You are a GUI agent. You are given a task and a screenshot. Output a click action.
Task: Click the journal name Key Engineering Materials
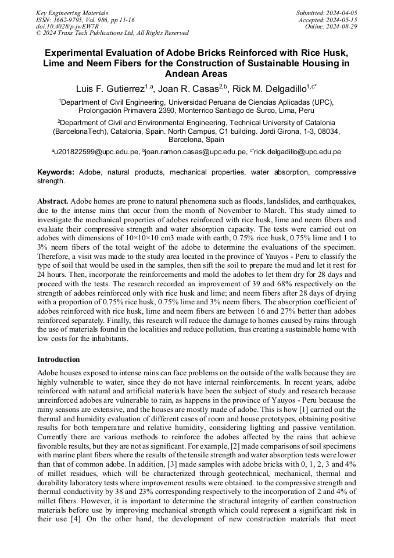[72, 12]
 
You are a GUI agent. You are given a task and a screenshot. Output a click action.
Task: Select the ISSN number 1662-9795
[71, 19]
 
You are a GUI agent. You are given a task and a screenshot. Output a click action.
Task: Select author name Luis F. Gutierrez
[110, 89]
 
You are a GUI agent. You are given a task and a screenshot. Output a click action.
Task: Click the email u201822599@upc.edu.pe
[97, 152]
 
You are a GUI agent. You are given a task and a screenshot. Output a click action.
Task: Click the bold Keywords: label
[56, 172]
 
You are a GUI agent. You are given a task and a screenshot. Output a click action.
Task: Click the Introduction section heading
[59, 360]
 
